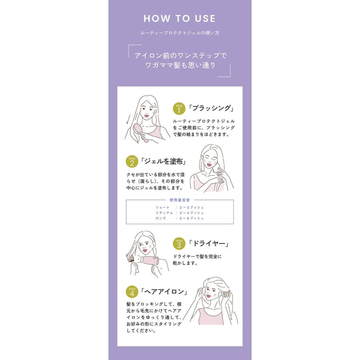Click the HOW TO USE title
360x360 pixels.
pyautogui.click(x=180, y=19)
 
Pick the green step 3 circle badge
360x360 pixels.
pyautogui.click(x=179, y=244)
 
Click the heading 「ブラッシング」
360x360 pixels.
pyautogui.click(x=211, y=108)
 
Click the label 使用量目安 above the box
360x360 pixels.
pyautogui.click(x=180, y=200)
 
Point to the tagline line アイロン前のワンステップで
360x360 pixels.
pyautogui.click(x=181, y=56)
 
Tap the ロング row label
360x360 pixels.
pyautogui.click(x=160, y=218)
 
